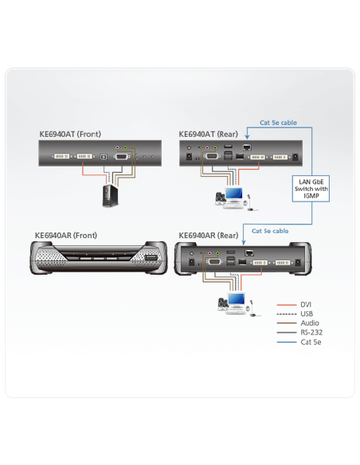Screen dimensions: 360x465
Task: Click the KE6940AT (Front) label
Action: [x=70, y=135]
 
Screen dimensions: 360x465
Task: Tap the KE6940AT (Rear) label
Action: [x=208, y=135]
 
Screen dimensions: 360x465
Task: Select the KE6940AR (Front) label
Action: [x=66, y=236]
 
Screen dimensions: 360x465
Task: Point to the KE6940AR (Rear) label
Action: [x=209, y=236]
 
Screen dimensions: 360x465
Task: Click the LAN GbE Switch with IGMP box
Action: [x=311, y=189]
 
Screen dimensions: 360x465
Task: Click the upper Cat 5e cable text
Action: [x=278, y=123]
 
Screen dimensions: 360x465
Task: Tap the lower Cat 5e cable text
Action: [x=270, y=231]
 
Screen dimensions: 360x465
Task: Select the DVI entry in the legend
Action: [x=306, y=305]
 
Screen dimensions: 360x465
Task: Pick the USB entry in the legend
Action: [x=307, y=314]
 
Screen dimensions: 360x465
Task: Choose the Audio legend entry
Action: [x=310, y=323]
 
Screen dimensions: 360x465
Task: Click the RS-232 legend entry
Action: [x=311, y=333]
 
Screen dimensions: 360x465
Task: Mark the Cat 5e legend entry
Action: [x=311, y=342]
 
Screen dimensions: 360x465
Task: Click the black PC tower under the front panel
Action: [x=111, y=195]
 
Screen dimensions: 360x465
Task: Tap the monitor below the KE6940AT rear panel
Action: [x=233, y=194]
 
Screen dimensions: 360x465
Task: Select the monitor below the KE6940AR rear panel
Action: [x=237, y=299]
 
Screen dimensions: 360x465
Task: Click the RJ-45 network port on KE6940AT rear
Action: [x=247, y=147]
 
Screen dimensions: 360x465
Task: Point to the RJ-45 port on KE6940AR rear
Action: [x=249, y=253]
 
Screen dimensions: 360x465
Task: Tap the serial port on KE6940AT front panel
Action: [x=121, y=156]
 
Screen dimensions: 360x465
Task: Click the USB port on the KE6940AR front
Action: [x=151, y=257]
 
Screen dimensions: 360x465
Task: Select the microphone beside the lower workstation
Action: [x=252, y=309]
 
